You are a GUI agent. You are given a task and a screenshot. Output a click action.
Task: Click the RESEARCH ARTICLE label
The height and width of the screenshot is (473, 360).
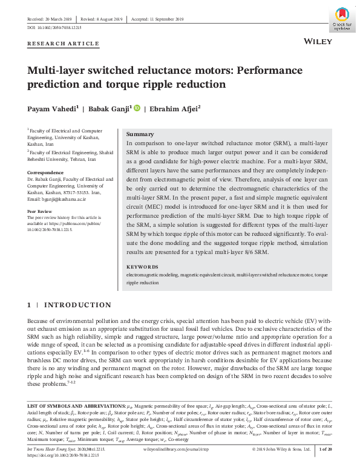coord(64,44)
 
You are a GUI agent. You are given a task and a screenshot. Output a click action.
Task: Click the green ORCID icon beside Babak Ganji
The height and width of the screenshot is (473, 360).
coord(136,108)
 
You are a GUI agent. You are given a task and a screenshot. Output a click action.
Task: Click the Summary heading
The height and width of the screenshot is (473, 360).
coord(139,134)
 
